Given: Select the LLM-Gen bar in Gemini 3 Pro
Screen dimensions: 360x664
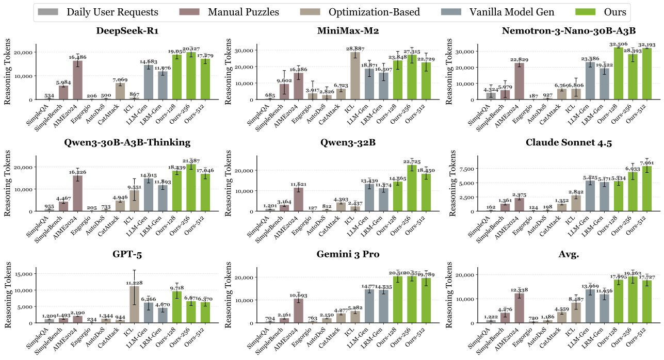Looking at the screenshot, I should tap(369, 306).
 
